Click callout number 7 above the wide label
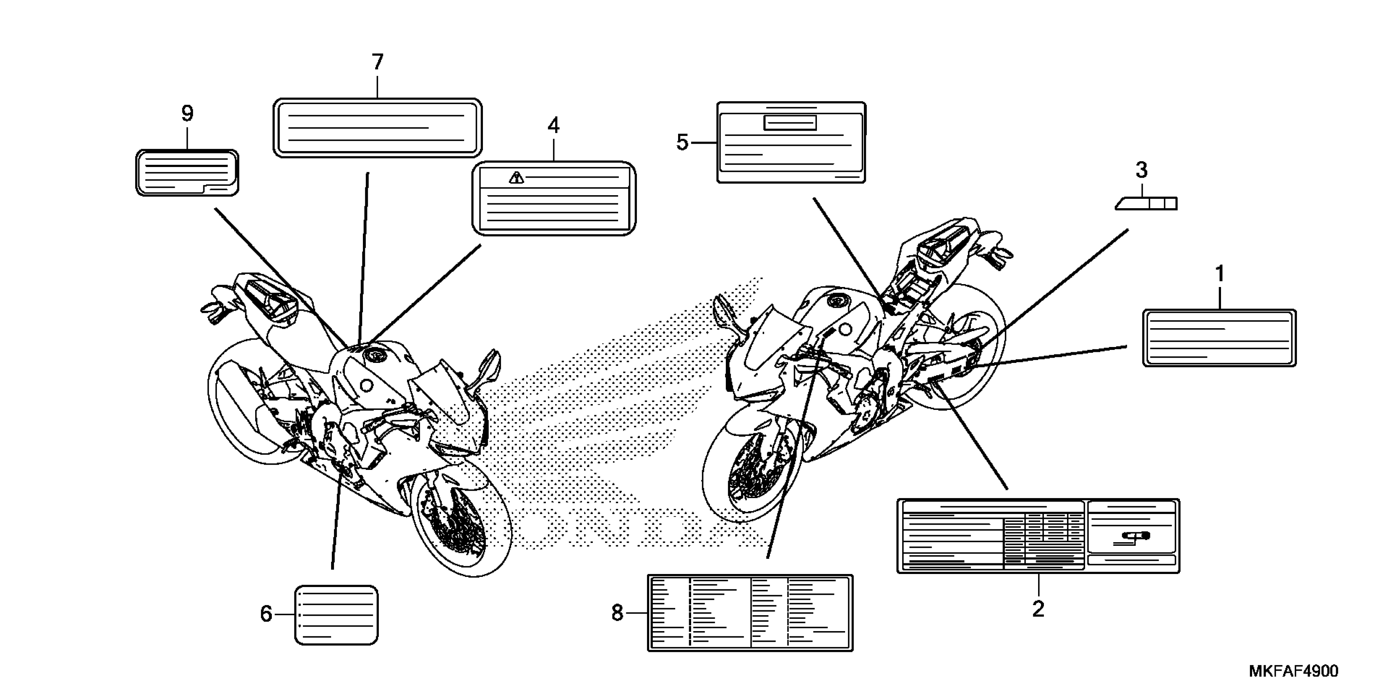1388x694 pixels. (377, 62)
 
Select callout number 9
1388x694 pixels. (187, 113)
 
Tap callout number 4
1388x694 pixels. (554, 126)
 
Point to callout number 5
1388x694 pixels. (682, 143)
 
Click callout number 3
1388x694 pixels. (1141, 170)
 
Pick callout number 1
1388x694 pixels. (1220, 274)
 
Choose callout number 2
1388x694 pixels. (1038, 609)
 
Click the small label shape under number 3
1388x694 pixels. (1147, 204)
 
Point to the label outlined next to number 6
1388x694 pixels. (336, 615)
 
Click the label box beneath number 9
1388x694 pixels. (187, 173)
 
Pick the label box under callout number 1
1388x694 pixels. (1219, 338)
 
